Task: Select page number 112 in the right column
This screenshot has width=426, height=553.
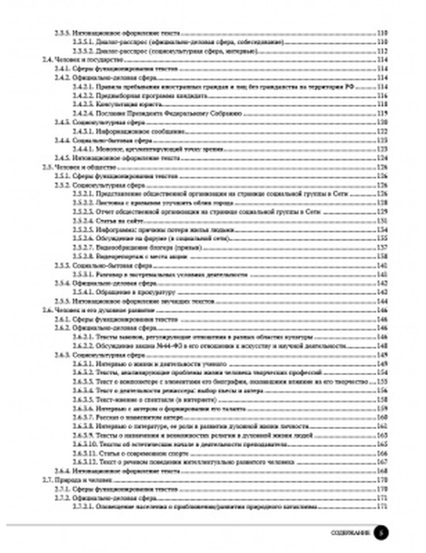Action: (382, 51)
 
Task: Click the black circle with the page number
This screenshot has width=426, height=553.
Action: (381, 533)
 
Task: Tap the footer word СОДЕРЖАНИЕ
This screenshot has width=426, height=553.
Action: (351, 533)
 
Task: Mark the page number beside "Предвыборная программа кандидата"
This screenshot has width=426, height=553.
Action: (382, 96)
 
